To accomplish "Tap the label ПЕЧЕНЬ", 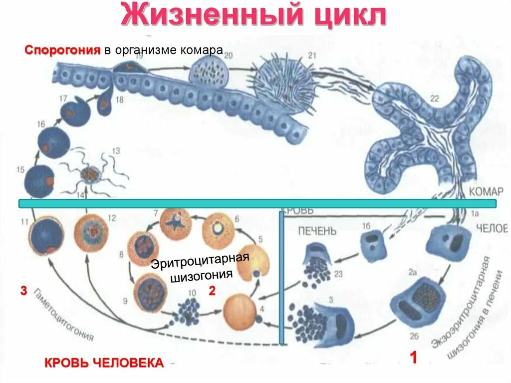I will (x=317, y=231).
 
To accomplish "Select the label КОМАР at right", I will (x=487, y=191).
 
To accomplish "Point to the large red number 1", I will (x=413, y=359).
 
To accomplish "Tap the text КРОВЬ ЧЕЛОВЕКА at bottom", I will (x=104, y=363).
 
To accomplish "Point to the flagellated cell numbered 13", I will (x=91, y=174).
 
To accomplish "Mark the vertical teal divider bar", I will (x=282, y=277).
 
